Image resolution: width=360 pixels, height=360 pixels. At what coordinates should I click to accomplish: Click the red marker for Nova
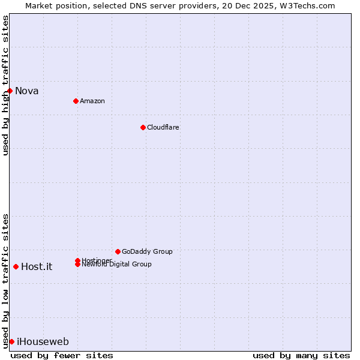10,91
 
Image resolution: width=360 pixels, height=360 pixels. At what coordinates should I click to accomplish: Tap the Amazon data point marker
76,101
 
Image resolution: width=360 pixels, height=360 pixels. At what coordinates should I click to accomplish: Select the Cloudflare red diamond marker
143,127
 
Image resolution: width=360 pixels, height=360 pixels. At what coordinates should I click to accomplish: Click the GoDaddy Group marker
118,251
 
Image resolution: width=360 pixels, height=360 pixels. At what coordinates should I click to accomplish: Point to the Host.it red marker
16,266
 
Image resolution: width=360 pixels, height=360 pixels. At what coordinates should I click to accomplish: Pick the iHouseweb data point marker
11,341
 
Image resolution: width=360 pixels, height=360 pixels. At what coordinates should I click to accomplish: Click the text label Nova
27,91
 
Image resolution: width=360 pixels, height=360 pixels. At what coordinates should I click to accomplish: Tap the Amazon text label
92,101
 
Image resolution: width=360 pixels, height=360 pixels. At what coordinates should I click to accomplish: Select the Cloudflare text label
163,127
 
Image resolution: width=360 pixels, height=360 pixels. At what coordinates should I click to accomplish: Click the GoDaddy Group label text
147,251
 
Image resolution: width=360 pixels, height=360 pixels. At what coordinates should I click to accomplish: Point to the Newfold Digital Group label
116,264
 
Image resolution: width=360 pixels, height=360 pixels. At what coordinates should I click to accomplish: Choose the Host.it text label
37,267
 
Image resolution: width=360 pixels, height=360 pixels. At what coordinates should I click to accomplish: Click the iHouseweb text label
43,342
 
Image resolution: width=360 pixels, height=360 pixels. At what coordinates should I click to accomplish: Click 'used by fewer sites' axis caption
62,355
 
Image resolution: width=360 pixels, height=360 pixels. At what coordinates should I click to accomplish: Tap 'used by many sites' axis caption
301,355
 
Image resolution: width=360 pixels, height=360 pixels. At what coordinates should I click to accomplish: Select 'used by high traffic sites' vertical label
5,85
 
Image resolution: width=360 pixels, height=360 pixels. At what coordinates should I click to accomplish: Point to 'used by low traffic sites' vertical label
5,280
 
